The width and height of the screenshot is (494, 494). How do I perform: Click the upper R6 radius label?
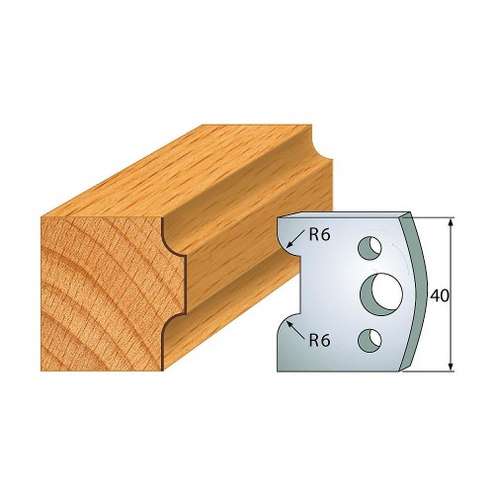319,235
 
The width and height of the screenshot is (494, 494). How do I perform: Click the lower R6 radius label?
319,341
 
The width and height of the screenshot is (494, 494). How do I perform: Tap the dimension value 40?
440,296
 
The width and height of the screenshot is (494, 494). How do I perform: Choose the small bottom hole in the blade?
370,340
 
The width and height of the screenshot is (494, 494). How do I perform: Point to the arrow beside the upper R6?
295,239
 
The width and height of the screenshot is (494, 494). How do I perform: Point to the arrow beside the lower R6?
295,330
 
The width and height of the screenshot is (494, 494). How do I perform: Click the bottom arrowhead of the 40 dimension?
452,367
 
